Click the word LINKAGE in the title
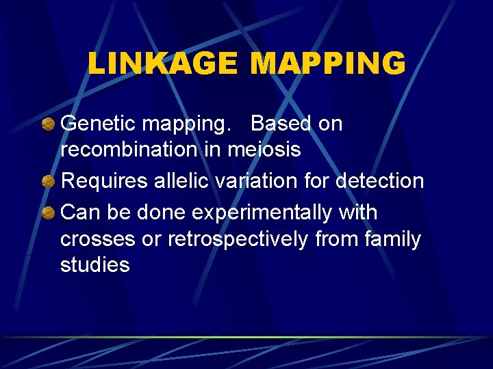coord(162,64)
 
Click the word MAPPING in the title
coord(328,64)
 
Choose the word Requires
coord(103,182)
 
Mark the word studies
coord(95,265)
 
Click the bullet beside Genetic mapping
coord(49,124)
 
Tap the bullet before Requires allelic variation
coord(49,182)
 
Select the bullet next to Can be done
coord(49,213)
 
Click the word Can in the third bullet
coord(80,213)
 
